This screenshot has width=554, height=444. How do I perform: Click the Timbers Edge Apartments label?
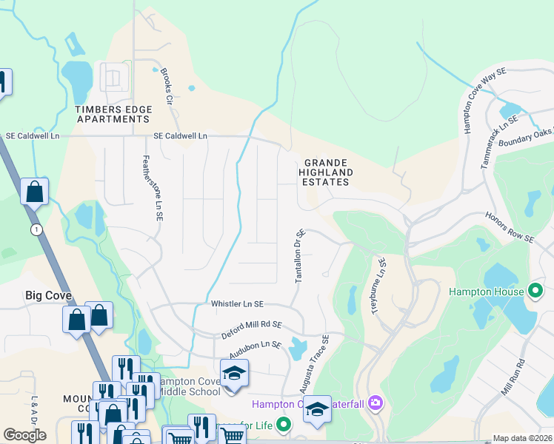[113, 114]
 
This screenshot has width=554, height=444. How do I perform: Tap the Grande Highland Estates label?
[326, 172]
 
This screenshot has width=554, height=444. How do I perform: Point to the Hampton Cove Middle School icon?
[234, 374]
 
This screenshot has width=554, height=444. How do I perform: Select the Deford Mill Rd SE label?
[252, 329]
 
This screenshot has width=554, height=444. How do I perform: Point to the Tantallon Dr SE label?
[300, 255]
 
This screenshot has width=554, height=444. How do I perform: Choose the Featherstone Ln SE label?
[152, 189]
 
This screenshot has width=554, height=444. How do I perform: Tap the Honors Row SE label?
[510, 227]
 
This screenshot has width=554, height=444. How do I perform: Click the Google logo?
[24, 435]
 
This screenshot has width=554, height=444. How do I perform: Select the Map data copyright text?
[522, 438]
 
